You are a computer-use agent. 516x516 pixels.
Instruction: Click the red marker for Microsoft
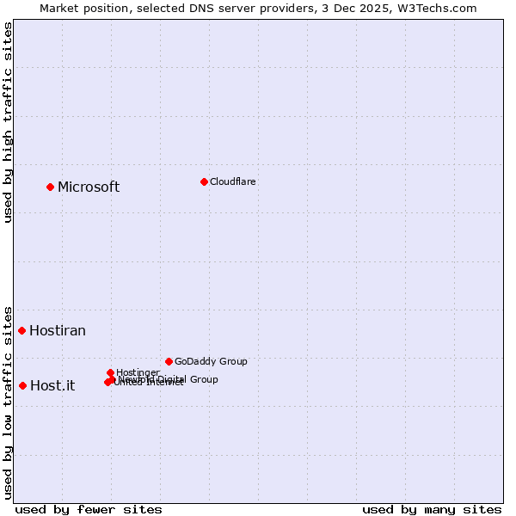50,187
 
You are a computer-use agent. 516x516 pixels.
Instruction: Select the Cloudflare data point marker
204,181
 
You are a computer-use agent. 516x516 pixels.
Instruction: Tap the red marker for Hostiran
21,330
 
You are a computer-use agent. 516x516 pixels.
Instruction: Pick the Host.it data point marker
22,385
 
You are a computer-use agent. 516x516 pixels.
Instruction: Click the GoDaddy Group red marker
169,361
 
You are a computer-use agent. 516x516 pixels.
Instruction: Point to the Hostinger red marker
111,372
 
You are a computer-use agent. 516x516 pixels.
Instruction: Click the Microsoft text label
89,187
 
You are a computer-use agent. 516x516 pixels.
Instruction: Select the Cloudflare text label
233,181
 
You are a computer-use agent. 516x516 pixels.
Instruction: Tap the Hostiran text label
58,331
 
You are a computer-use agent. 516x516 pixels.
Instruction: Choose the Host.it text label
52,386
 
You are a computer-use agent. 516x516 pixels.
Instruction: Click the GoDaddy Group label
211,362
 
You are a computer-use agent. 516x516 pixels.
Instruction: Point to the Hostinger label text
138,372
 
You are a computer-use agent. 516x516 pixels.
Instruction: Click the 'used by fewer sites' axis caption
89,509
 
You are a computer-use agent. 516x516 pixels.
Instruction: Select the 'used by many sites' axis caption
432,509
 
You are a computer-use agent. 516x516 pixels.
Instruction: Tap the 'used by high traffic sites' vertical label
8,122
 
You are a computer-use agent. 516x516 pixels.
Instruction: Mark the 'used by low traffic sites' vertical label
8,402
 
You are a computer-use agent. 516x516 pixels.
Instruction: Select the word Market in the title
61,8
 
